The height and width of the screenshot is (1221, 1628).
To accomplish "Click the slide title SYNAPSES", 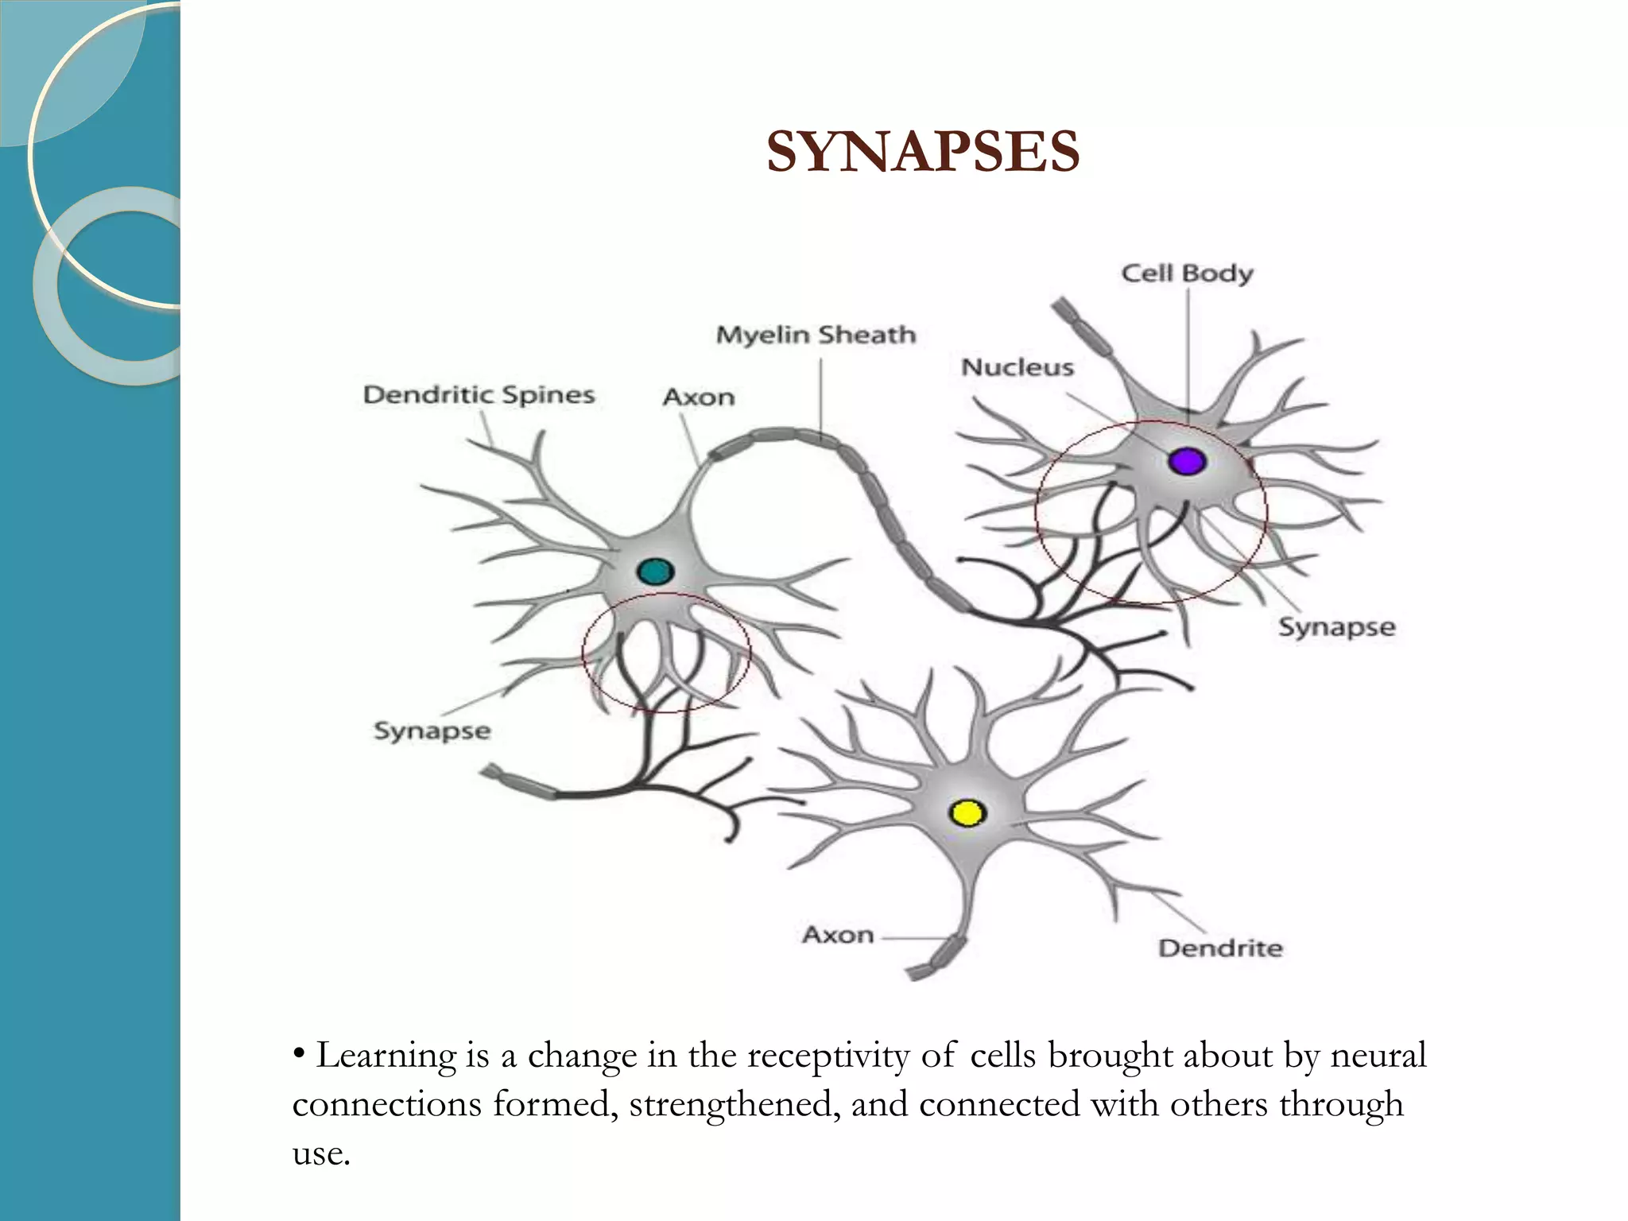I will (x=923, y=152).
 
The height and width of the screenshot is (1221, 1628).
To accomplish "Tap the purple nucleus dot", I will (x=1187, y=461).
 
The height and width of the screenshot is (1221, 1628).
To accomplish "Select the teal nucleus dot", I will (x=656, y=572).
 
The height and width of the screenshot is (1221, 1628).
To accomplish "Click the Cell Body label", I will (x=1187, y=273).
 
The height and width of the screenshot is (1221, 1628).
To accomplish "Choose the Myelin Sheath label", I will (x=816, y=335).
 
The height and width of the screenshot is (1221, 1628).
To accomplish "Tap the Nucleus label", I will (x=1017, y=367).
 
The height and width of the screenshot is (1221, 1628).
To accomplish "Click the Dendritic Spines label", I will (x=479, y=395).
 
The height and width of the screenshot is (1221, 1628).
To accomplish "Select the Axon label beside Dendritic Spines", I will (x=699, y=397).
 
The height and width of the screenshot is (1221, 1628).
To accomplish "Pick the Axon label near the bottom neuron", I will (x=838, y=935).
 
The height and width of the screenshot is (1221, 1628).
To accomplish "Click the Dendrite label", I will (x=1220, y=948).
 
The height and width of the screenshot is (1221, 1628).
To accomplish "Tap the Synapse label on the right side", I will (x=1336, y=627).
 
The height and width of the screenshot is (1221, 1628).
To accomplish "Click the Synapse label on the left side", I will (x=432, y=731).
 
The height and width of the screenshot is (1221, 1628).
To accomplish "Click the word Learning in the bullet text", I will (x=386, y=1056).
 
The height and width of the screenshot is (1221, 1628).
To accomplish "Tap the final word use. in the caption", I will (x=321, y=1153).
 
